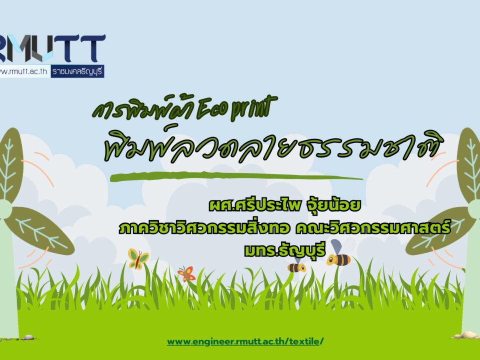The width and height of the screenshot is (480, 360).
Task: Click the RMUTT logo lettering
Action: [52, 48]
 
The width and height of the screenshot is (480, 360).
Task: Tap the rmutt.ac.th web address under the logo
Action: [24, 71]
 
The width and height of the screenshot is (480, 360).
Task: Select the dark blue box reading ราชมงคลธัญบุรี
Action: [77, 71]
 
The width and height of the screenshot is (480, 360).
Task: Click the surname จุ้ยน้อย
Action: [333, 205]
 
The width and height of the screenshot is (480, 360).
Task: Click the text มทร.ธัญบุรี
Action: [284, 250]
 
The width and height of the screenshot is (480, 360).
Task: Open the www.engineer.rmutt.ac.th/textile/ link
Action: [245, 341]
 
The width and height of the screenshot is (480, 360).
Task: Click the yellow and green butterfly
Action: [138, 258]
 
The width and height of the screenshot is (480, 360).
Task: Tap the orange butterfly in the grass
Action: [186, 273]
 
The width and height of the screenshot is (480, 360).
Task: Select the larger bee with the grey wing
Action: [338, 254]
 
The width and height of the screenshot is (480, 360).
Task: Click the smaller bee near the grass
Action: [296, 265]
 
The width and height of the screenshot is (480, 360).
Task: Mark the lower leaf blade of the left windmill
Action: [40, 230]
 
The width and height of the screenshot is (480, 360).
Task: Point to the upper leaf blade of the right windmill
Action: [469, 165]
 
